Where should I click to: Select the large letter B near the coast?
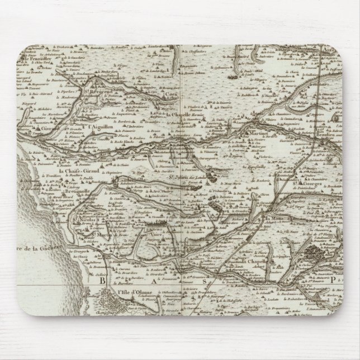(102, 282)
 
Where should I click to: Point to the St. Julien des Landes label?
(186, 178)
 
